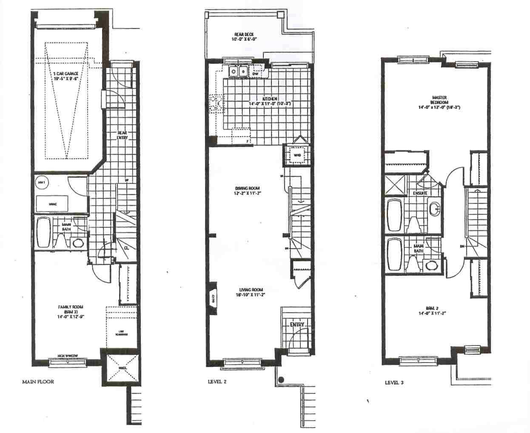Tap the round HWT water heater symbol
pos(41,183)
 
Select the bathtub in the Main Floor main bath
pos(43,233)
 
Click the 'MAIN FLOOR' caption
pos(38,382)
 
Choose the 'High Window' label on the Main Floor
pos(68,357)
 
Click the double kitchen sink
pos(238,72)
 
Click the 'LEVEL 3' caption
pos(394,382)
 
